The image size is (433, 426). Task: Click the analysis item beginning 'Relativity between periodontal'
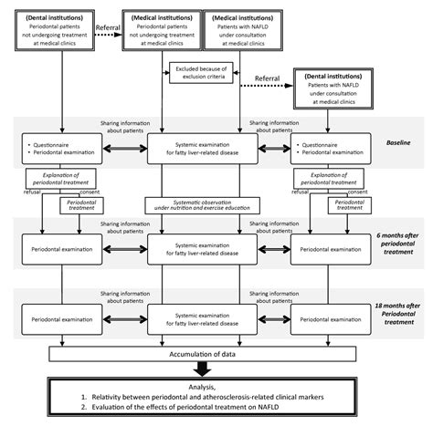(205, 398)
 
